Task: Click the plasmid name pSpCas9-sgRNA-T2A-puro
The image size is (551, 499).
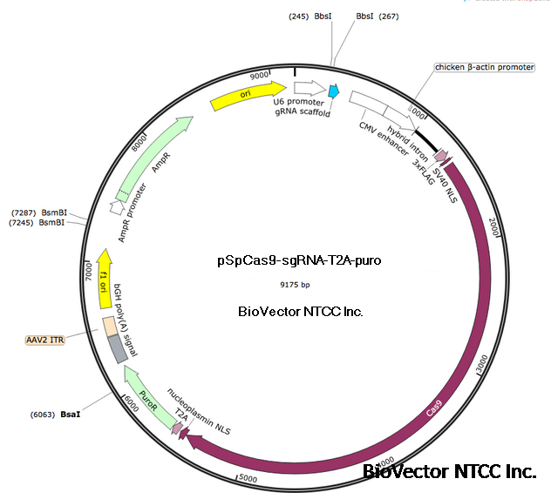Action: [299, 260]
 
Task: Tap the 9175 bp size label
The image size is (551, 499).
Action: [294, 284]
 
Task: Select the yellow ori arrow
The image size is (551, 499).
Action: [248, 95]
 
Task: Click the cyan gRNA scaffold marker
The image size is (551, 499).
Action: [333, 91]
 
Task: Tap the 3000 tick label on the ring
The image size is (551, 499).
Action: [480, 367]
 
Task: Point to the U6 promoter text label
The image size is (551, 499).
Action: [297, 102]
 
